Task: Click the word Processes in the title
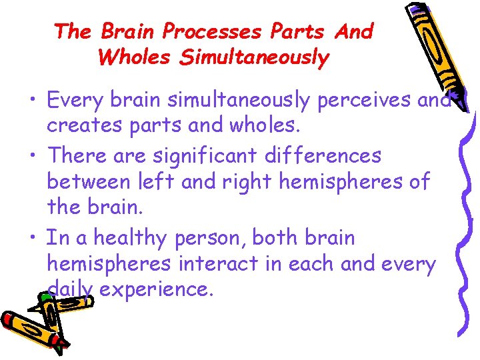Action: coord(213,31)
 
